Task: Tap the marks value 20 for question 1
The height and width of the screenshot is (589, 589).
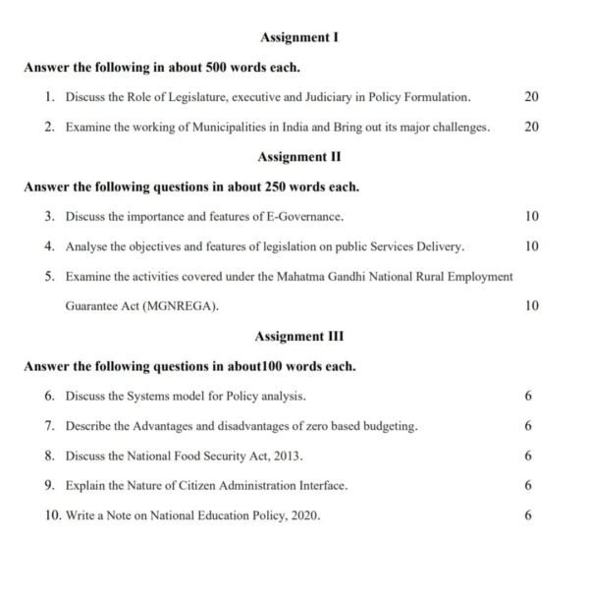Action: point(531,97)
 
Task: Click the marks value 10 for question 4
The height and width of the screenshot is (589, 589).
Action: point(531,246)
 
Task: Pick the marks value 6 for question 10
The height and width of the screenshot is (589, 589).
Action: point(528,515)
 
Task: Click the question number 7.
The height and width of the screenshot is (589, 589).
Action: point(49,426)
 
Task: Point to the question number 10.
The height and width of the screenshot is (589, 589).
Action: point(52,515)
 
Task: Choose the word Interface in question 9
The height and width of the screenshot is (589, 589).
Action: point(323,485)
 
